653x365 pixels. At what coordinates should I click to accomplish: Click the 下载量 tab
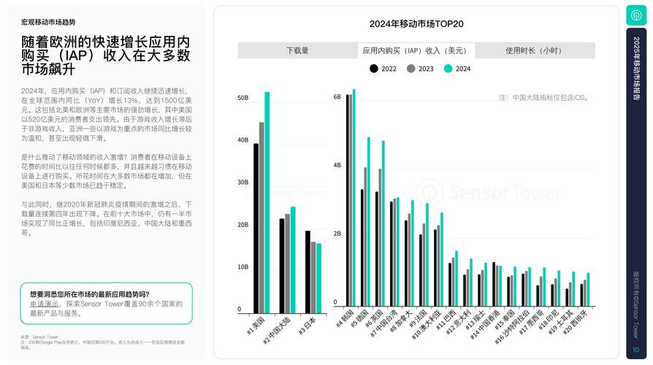click(297, 50)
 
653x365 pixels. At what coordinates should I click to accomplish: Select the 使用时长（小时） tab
click(534, 50)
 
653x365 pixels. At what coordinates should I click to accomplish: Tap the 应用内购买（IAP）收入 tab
click(416, 50)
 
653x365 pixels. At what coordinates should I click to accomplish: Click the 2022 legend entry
click(383, 69)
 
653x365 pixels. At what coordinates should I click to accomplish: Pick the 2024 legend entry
click(457, 69)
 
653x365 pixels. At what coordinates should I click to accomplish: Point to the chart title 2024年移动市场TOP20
click(416, 24)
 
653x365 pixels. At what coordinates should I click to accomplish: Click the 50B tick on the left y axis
click(243, 97)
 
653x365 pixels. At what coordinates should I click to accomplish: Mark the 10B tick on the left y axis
click(243, 267)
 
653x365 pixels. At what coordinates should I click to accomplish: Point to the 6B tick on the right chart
click(337, 97)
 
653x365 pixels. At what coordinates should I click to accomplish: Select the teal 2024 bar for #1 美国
click(267, 201)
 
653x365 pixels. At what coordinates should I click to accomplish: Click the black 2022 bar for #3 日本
click(308, 270)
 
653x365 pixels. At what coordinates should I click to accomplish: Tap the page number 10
click(635, 350)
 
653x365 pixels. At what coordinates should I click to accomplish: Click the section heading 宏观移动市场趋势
click(48, 23)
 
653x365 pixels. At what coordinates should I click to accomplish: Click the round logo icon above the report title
click(635, 15)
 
